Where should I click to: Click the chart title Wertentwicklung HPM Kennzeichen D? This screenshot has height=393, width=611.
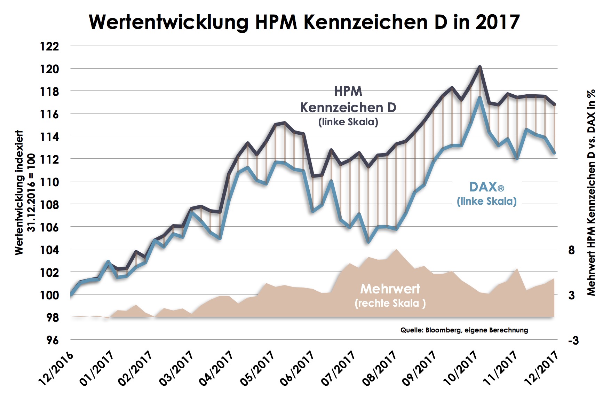(304, 22)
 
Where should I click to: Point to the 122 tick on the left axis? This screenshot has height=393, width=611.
(49, 46)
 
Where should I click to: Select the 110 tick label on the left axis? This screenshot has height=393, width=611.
(49, 182)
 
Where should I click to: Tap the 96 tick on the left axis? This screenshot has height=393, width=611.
(52, 340)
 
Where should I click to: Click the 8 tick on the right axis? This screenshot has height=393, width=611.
(571, 250)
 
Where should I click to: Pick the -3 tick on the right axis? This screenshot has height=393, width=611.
(573, 340)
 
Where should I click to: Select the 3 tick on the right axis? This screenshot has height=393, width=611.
(571, 295)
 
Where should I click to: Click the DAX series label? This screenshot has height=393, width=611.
(486, 187)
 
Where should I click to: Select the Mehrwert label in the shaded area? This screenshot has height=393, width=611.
(390, 289)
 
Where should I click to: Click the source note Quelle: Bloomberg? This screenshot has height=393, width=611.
(464, 330)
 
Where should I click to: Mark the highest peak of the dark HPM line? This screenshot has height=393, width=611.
(479, 66)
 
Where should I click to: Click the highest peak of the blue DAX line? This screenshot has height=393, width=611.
(479, 98)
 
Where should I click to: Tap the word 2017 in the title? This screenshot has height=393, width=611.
(497, 22)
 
